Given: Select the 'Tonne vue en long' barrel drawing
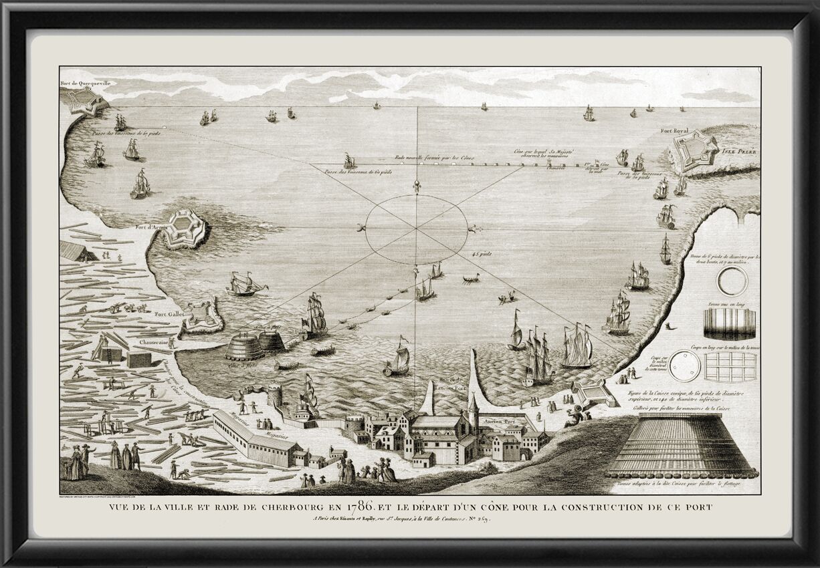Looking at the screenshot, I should coord(731,325).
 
